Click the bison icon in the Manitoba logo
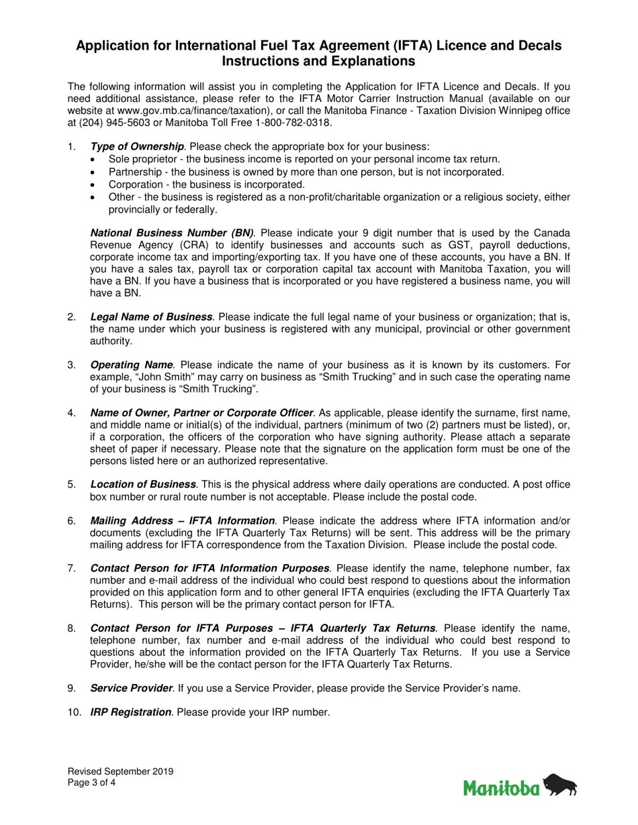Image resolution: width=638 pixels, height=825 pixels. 559,784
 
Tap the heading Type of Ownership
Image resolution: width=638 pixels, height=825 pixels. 137,146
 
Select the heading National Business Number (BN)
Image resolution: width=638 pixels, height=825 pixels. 172,233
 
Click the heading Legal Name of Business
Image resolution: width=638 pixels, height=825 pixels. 151,317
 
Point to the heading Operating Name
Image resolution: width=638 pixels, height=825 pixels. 132,365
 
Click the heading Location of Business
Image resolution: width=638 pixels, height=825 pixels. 143,484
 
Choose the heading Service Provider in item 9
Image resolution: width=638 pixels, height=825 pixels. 131,688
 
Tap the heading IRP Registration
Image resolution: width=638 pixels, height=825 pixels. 130,712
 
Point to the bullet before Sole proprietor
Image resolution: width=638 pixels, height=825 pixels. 93,160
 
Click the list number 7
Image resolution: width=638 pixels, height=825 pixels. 71,568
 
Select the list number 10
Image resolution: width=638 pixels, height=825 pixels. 74,712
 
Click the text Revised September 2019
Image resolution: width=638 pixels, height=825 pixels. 120,771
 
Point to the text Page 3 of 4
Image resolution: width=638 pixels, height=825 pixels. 91,782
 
